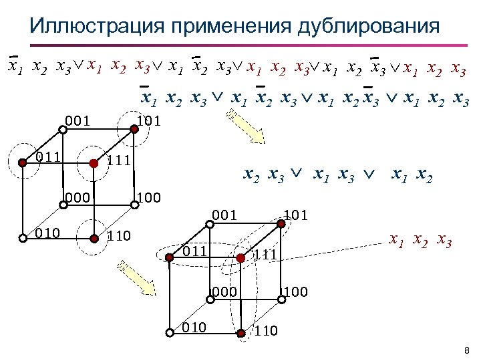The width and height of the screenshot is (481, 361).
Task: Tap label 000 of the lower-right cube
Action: (x=224, y=291)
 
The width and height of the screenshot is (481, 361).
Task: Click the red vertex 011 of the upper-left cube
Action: (x=22, y=162)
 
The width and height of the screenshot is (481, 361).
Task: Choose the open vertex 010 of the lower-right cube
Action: (x=170, y=332)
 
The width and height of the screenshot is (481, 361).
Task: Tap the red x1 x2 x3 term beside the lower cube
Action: (x=422, y=240)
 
